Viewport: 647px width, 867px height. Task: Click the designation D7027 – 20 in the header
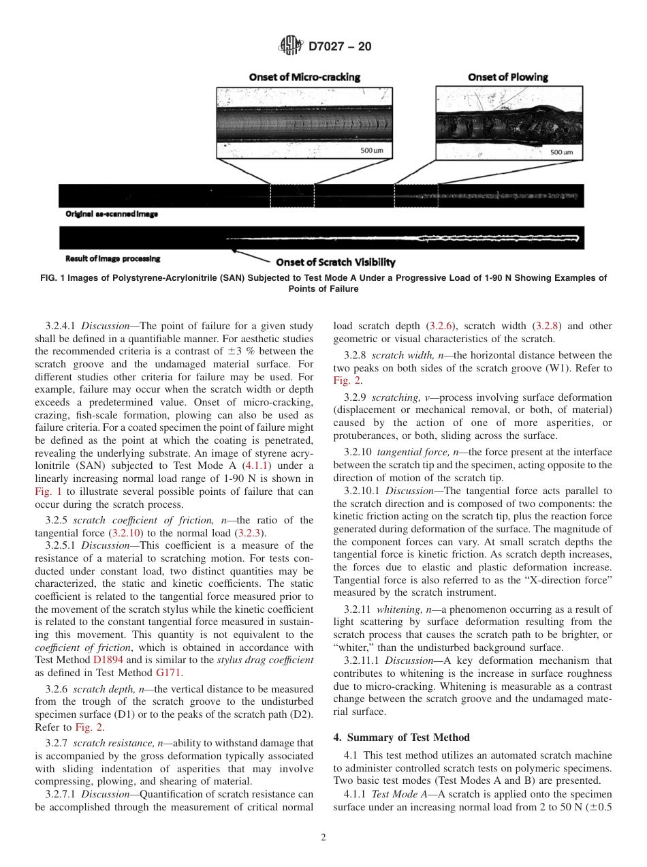[x=340, y=47]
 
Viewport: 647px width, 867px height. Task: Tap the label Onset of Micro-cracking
[x=304, y=77]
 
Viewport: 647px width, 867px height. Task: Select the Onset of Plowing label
[x=507, y=77]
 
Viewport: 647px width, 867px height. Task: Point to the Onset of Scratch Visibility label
[x=335, y=262]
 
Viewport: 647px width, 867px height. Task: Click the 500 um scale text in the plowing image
[x=561, y=152]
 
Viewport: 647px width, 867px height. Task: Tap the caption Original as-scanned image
[x=112, y=214]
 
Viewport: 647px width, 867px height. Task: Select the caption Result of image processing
[x=113, y=258]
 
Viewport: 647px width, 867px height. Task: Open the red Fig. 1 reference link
[x=46, y=491]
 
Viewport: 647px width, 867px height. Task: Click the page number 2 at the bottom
[x=323, y=838]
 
